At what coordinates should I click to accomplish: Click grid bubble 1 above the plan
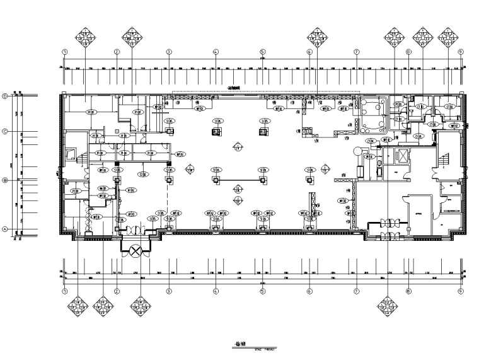coord(64,52)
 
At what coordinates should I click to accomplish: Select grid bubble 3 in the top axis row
coord(169,52)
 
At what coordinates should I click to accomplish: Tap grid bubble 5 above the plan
coord(262,52)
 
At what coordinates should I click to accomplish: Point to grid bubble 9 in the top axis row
coord(461,52)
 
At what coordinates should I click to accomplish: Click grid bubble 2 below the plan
coord(117,292)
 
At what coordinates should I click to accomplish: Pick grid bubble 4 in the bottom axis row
coord(216,292)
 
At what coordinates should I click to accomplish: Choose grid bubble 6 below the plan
coord(309,292)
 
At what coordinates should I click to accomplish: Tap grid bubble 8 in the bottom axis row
coord(408,292)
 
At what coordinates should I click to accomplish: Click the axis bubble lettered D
coord(5,96)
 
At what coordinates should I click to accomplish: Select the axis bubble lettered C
coord(5,132)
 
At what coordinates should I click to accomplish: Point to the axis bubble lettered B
coord(5,180)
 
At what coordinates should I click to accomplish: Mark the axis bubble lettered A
coord(5,229)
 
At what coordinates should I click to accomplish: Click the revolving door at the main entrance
coord(134,251)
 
